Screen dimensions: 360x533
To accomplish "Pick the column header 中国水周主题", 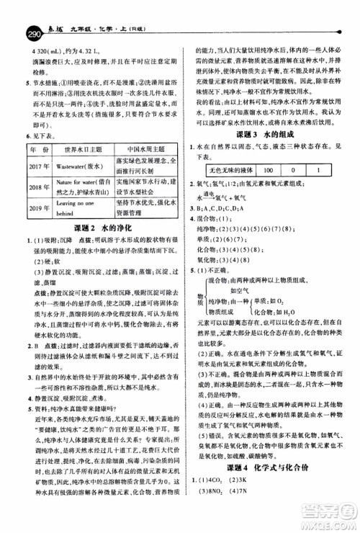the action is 141,169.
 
